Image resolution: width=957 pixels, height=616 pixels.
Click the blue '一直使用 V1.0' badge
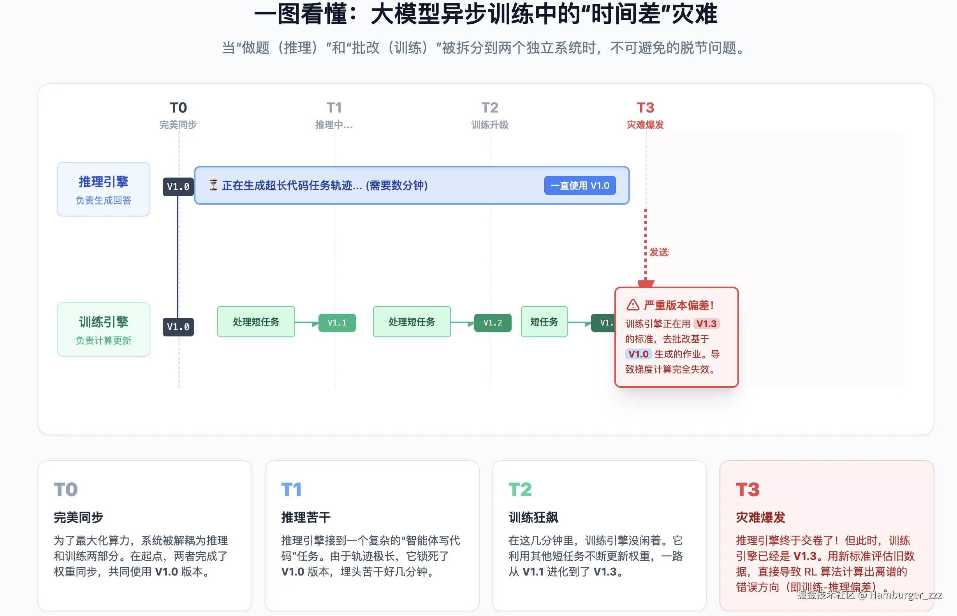point(579,186)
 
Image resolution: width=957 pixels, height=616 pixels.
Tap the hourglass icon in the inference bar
point(213,185)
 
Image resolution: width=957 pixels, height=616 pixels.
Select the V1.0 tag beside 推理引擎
point(178,187)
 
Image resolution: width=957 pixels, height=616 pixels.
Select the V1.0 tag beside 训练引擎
point(178,327)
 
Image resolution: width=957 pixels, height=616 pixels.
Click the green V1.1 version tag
point(337,323)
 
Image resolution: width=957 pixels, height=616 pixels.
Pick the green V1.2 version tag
point(492,323)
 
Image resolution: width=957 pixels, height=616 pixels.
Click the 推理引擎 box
point(104,189)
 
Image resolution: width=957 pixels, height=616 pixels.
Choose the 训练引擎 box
point(104,329)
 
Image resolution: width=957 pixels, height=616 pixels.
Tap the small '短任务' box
point(544,322)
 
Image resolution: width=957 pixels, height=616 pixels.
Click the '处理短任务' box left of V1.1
point(256,322)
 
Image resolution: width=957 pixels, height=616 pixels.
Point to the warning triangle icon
point(633,305)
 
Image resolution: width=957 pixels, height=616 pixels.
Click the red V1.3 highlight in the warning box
point(706,324)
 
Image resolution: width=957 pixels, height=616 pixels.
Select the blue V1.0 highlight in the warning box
point(638,354)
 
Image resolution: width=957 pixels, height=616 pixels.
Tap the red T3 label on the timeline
point(645,107)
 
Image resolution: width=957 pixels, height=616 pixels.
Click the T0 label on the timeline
point(178,107)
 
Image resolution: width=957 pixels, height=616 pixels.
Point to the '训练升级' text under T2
point(489,125)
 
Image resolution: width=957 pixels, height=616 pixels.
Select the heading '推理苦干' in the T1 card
point(306,517)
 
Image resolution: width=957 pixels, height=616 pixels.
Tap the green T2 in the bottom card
point(520,489)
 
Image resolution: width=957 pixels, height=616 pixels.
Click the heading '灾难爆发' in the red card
point(760,517)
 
